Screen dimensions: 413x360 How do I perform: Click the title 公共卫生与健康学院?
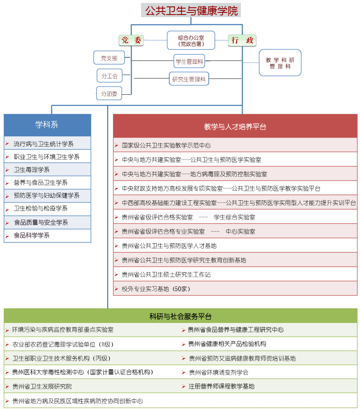pos(191,10)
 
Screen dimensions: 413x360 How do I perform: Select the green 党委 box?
pos(131,40)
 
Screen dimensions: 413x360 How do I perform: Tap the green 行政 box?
pos(242,40)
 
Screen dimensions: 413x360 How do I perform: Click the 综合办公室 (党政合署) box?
pos(191,40)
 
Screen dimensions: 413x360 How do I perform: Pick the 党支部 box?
pos(109,58)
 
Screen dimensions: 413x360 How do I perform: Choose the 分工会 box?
pos(109,76)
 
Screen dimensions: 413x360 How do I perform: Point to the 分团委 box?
pos(109,93)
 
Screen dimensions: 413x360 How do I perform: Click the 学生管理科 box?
pos(189,61)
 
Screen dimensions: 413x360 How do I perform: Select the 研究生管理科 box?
pos(189,79)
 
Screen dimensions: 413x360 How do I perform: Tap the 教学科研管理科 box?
pos(280,63)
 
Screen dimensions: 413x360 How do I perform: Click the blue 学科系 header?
pos(47,125)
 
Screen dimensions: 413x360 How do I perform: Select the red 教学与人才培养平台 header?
pos(235,127)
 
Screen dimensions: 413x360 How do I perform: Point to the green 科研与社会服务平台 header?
pos(180,317)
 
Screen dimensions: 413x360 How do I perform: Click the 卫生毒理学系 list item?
pos(32,170)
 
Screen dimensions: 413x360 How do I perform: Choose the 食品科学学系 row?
pos(32,235)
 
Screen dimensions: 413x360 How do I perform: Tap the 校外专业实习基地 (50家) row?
pos(156,289)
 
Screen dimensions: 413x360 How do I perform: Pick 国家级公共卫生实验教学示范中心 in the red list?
pos(166,146)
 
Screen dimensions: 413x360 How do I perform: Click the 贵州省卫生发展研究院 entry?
pos(42,386)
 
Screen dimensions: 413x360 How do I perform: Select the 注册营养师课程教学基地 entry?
pos(221,386)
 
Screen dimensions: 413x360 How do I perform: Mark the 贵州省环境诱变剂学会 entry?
pos(219,372)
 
